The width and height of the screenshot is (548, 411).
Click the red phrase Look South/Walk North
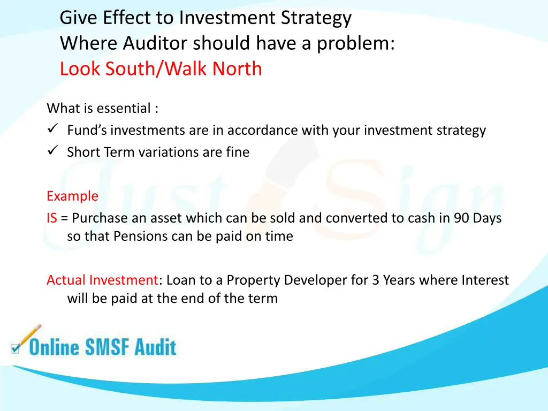(x=161, y=68)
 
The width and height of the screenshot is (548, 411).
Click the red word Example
(x=72, y=196)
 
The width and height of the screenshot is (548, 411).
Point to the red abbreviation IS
(x=51, y=218)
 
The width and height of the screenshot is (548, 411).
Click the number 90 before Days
(x=461, y=218)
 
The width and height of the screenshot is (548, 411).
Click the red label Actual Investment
(x=102, y=280)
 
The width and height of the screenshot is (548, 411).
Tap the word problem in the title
(x=355, y=43)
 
